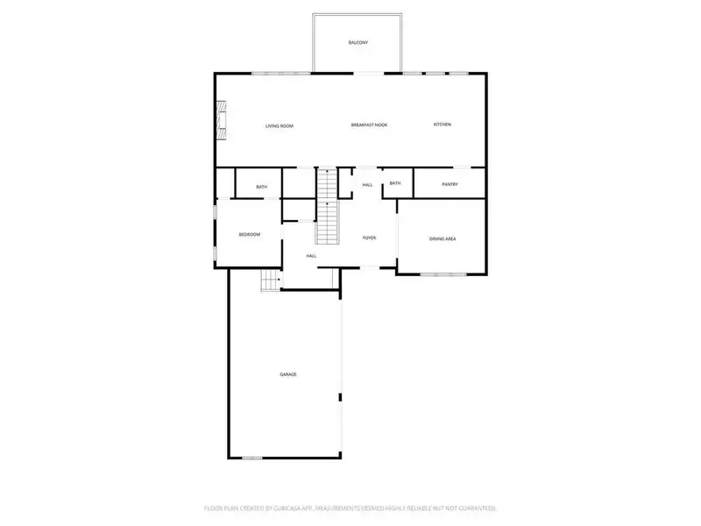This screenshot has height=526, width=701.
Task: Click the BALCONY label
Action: (x=358, y=42)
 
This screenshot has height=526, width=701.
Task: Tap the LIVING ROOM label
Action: (x=280, y=125)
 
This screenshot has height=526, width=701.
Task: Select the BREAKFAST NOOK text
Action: (x=369, y=125)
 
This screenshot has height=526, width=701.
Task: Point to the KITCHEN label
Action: (x=443, y=124)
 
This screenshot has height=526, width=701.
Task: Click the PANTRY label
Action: (x=450, y=184)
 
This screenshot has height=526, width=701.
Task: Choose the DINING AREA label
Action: (x=442, y=238)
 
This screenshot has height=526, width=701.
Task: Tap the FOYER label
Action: (x=370, y=238)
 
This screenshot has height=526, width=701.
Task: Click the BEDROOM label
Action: (x=250, y=234)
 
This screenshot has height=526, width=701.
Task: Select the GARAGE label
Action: (x=288, y=374)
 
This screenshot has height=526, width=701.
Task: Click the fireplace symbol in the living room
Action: (x=223, y=119)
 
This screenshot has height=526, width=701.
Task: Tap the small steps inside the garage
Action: (x=270, y=281)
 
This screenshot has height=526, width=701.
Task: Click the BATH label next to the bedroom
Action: (x=261, y=187)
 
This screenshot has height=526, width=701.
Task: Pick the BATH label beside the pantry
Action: (x=395, y=183)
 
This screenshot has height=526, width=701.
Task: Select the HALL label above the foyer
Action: (x=367, y=184)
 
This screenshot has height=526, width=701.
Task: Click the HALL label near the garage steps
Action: (x=311, y=255)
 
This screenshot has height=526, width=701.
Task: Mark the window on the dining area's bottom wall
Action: (x=443, y=274)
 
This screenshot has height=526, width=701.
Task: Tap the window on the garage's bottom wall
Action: (x=252, y=457)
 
